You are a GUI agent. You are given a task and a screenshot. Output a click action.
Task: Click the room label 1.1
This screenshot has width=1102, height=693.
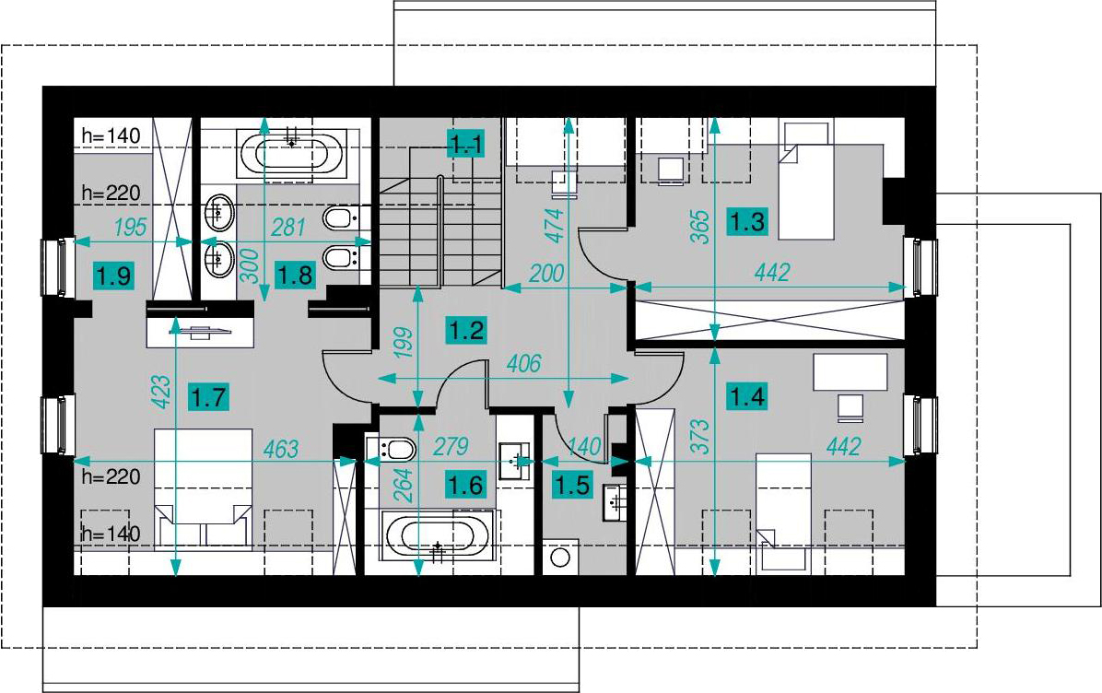466,145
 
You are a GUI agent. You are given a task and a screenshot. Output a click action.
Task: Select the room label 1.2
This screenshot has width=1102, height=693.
466,330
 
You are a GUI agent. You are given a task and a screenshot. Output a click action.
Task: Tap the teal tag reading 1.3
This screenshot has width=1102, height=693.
747,222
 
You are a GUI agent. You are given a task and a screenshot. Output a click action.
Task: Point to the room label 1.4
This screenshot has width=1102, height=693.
747,397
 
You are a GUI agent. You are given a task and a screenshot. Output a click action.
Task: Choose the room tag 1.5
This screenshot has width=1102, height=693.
572,484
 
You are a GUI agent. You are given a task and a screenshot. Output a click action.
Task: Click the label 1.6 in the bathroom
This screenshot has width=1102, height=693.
466,484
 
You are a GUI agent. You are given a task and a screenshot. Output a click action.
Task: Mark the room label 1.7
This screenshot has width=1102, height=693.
209,398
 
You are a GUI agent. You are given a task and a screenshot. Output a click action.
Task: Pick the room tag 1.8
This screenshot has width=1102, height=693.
295,274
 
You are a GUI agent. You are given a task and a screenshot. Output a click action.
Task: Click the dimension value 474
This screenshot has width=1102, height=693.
556,226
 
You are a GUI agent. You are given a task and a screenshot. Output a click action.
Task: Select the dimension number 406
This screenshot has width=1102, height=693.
523,363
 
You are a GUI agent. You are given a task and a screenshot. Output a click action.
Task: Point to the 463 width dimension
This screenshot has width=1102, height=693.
281,449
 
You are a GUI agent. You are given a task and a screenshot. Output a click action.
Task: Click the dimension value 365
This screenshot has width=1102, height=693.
700,227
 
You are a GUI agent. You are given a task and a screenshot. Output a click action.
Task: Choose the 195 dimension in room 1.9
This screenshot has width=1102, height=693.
130,227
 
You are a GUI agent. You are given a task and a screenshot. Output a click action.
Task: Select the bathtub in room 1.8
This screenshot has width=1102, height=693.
294,152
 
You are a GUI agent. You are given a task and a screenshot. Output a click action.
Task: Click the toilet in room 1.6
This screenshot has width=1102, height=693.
393,449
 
